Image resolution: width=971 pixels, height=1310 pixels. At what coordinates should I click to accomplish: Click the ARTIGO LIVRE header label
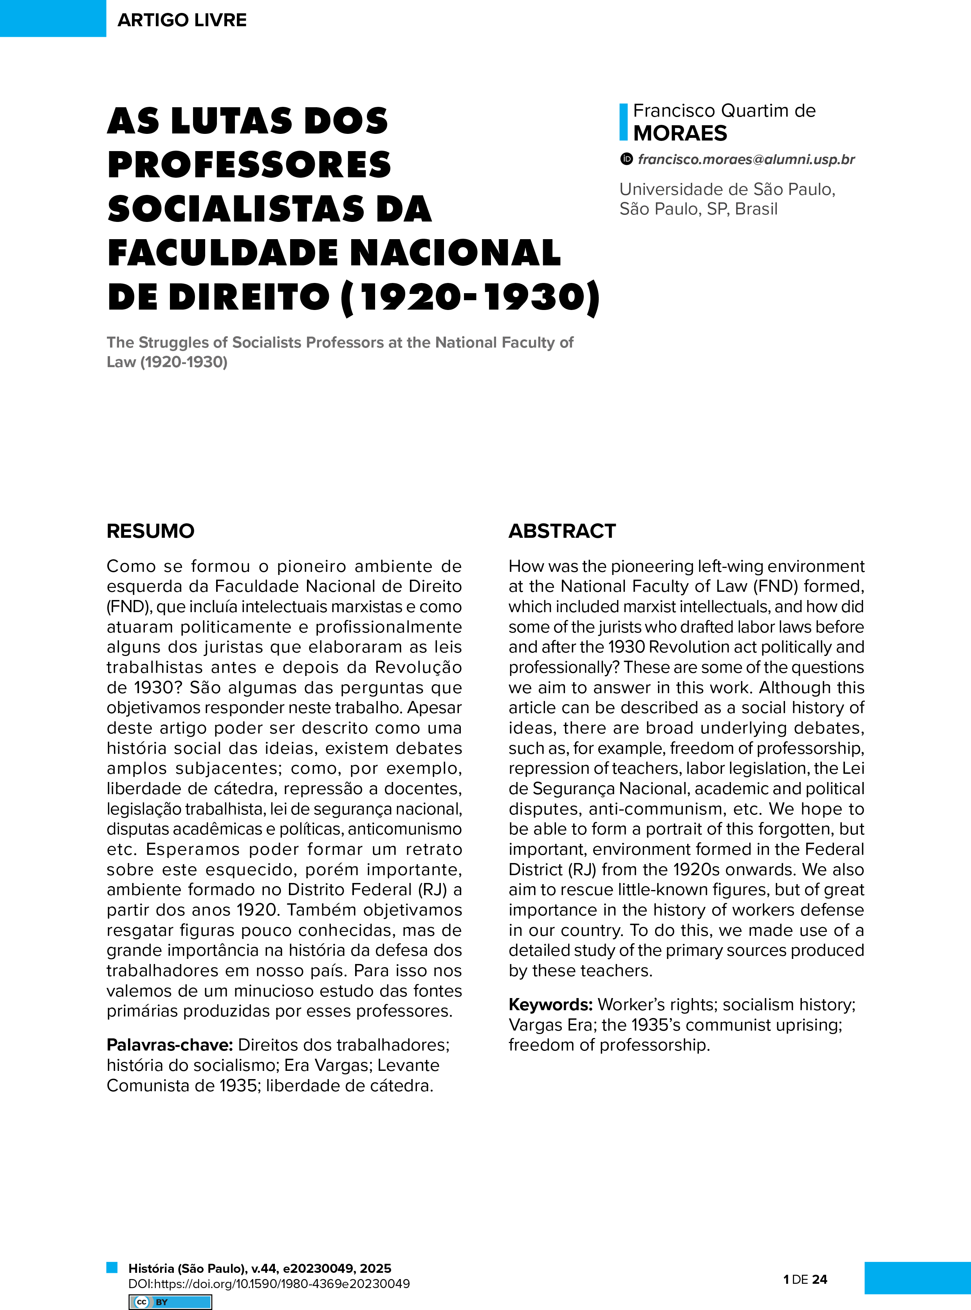point(182,20)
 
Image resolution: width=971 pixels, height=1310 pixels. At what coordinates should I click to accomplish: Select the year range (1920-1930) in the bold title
point(471,297)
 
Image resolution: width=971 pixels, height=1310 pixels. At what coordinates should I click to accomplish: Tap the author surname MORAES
point(680,134)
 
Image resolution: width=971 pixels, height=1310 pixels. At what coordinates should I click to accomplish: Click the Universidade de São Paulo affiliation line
point(727,189)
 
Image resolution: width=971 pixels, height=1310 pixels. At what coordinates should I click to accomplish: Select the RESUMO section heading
point(150,531)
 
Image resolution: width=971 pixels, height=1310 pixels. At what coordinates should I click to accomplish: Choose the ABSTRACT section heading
point(562,531)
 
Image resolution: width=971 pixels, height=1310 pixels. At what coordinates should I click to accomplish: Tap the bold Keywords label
point(550,1005)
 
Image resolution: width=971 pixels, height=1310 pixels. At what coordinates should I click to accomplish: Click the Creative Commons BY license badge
point(170,1302)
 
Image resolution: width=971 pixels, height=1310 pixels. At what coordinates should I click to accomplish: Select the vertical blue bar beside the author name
point(624,122)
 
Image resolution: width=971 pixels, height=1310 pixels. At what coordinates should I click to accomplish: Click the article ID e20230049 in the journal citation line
point(318,1268)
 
